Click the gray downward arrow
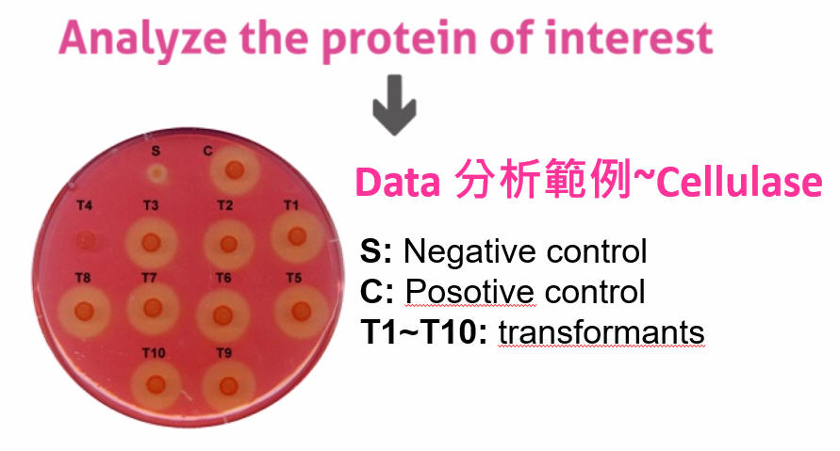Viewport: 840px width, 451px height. (394, 105)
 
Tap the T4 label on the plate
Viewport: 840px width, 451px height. (84, 205)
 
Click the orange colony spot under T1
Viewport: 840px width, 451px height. (297, 236)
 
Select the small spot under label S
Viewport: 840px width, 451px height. (156, 173)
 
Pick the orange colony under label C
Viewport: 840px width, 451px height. (234, 170)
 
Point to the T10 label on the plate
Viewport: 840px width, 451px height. (154, 353)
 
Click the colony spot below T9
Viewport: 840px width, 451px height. (228, 386)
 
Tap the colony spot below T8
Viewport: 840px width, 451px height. (84, 311)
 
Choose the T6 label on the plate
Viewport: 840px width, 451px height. (223, 278)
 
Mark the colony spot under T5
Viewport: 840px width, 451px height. (301, 311)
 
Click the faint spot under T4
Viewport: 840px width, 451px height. (86, 240)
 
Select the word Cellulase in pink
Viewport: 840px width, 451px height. (739, 182)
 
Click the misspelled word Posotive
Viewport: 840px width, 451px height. (469, 292)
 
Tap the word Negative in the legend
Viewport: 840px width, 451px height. (469, 251)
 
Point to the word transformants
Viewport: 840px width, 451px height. (601, 332)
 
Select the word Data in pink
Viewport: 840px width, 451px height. (398, 183)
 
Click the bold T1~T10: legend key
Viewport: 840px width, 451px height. (424, 332)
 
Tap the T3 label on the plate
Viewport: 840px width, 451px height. (151, 205)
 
